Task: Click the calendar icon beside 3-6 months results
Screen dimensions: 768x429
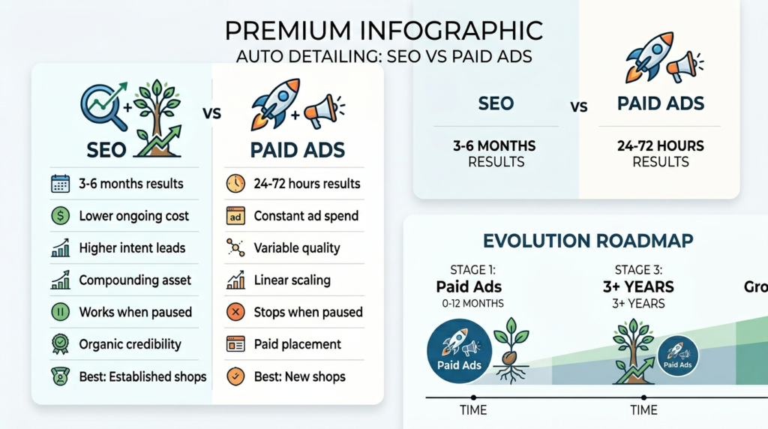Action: pyautogui.click(x=60, y=184)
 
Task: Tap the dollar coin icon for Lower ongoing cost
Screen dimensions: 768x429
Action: pyautogui.click(x=60, y=215)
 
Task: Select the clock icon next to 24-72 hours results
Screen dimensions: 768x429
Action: pyautogui.click(x=235, y=184)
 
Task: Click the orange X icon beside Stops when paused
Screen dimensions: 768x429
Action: pyautogui.click(x=235, y=312)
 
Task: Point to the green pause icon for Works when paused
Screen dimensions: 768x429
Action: pyautogui.click(x=60, y=312)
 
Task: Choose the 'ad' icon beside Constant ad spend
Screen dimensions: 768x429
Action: pyautogui.click(x=235, y=216)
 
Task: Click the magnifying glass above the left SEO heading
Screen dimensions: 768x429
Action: pyautogui.click(x=100, y=106)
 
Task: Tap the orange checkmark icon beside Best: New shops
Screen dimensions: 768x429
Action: pyautogui.click(x=235, y=376)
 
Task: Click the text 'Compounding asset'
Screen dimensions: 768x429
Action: pyautogui.click(x=135, y=280)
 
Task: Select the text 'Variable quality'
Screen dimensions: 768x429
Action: pyautogui.click(x=297, y=248)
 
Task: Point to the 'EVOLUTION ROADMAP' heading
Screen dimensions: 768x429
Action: pyautogui.click(x=588, y=241)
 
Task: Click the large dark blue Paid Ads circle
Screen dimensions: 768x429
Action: pyautogui.click(x=460, y=351)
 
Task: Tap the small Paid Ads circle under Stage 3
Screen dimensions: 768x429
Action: pyautogui.click(x=678, y=356)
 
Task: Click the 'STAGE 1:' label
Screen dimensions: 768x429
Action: pyautogui.click(x=472, y=270)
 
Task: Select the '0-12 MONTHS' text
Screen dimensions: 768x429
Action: pyautogui.click(x=472, y=304)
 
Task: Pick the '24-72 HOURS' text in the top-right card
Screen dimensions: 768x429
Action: pyautogui.click(x=660, y=146)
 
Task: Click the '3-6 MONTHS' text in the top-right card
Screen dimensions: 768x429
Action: pyautogui.click(x=494, y=146)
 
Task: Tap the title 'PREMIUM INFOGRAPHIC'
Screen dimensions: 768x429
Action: pyautogui.click(x=384, y=31)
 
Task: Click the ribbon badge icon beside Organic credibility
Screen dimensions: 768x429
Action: pyautogui.click(x=60, y=344)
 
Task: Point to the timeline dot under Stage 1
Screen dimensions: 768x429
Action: pyautogui.click(x=473, y=397)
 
